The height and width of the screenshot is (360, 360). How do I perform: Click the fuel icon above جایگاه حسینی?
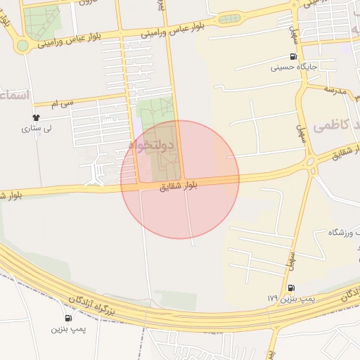(x=292, y=57)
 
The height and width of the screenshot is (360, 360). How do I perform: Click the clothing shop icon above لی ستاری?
(x=37, y=117)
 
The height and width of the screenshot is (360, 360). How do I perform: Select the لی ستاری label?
(x=37, y=129)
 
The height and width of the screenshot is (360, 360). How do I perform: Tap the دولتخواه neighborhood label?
(x=152, y=145)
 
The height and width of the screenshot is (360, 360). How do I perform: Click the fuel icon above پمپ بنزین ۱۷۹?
(x=291, y=288)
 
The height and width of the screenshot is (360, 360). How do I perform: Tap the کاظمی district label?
(x=330, y=126)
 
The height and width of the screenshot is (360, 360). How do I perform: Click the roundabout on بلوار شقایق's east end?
(x=310, y=164)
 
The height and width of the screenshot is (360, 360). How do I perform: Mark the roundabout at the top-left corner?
(x=22, y=46)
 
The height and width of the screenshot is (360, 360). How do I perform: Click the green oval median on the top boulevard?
(x=229, y=19)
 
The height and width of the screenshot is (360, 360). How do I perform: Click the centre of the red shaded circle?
(x=180, y=179)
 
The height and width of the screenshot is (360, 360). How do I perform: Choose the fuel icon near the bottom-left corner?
(x=68, y=319)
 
